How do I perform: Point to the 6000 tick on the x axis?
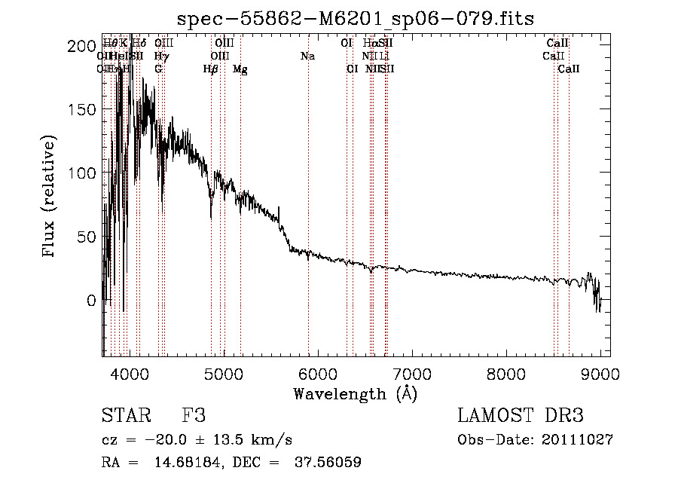pos(317,374)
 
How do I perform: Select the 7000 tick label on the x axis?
pos(411,374)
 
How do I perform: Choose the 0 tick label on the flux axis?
pos(91,300)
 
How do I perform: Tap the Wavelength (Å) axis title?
pos(355,393)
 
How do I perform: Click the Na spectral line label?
pos(307,57)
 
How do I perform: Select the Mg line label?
pos(240,69)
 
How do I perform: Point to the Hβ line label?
pos(211,69)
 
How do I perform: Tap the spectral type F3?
pos(194,416)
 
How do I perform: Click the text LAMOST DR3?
pos(520,416)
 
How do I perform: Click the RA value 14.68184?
pos(183,463)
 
